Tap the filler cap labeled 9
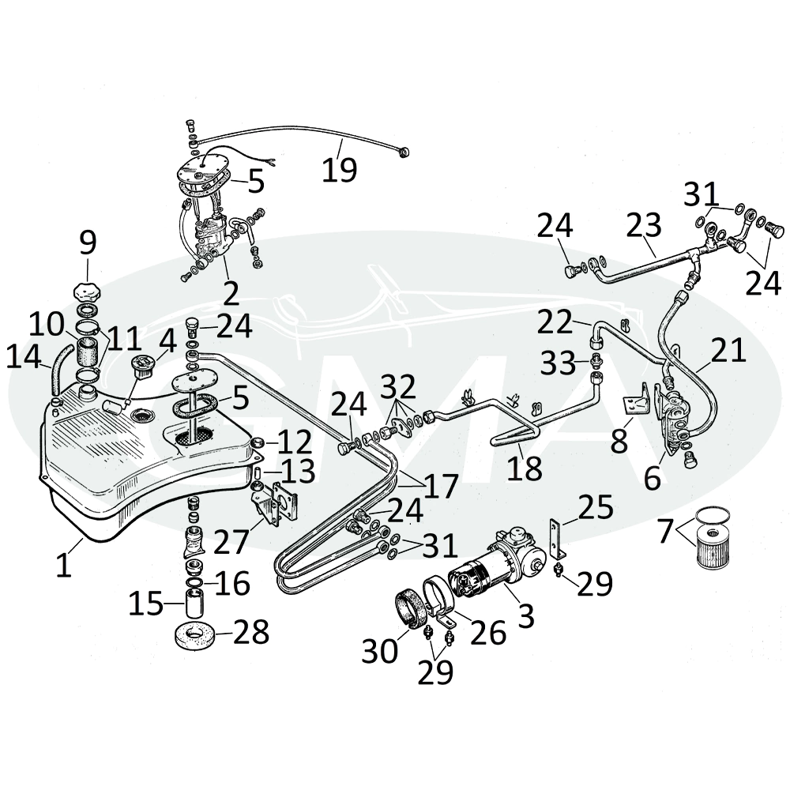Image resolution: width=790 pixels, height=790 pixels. pos(87,292)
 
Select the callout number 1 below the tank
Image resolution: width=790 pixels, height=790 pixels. pos(63,566)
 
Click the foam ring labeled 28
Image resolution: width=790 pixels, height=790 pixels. pos(194,634)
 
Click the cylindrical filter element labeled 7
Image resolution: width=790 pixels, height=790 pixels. pos(712,548)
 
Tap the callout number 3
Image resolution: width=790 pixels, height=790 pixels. pos(525,615)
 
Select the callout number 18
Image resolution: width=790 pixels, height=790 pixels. pos(525,468)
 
